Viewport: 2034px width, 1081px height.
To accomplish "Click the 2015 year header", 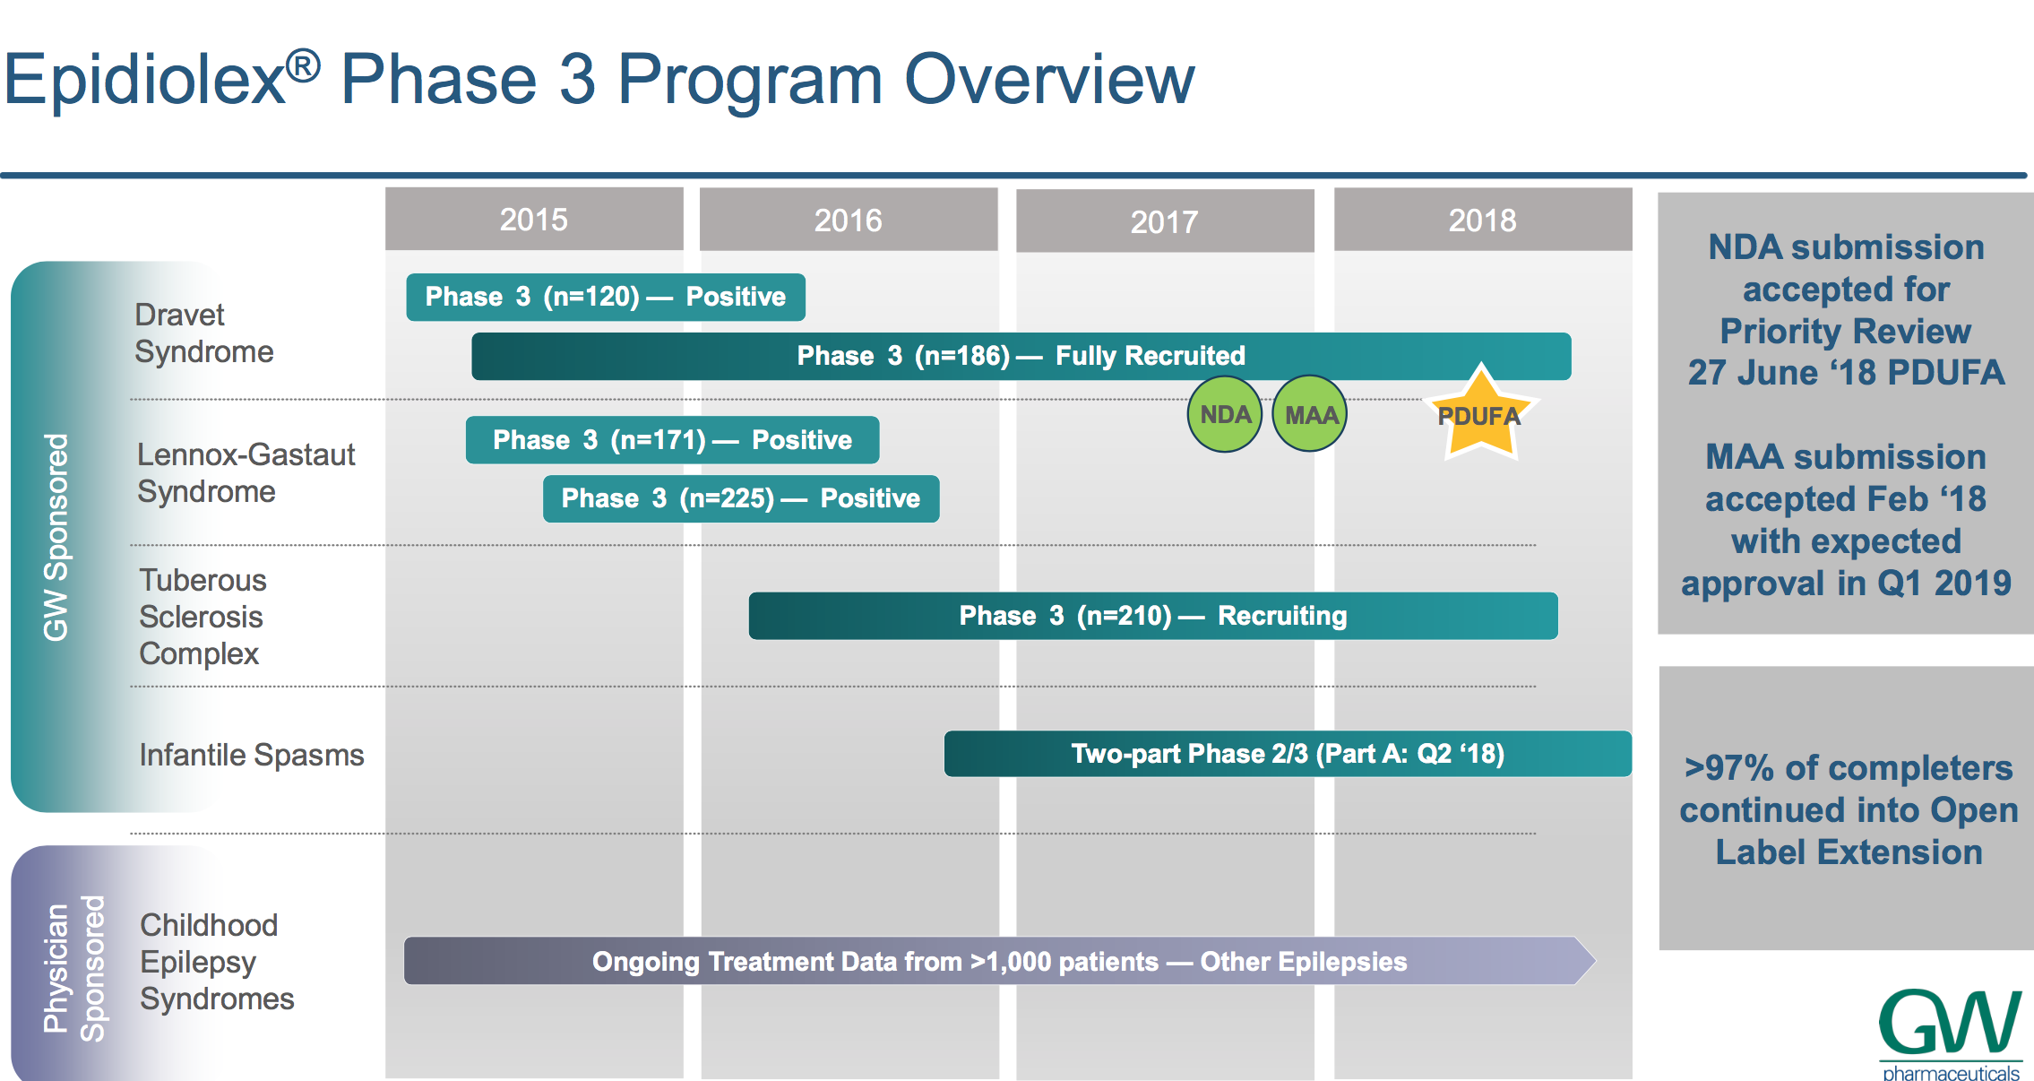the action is coord(534,219).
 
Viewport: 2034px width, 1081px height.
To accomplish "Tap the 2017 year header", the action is coord(1165,221).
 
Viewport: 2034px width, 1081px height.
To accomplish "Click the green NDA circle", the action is coord(1225,414).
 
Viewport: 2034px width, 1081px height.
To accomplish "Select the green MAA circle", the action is coord(1310,414).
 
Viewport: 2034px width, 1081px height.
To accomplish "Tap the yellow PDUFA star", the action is coord(1480,414).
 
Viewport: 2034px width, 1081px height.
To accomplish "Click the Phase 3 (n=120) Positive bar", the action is coord(606,297).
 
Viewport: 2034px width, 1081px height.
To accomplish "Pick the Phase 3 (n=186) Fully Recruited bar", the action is coord(1021,356).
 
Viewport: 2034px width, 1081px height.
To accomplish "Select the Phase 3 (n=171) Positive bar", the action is coord(672,440).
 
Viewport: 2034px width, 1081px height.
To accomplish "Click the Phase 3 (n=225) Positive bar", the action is coord(741,498).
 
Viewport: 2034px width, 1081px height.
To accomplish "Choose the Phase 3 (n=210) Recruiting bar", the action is coord(1153,616).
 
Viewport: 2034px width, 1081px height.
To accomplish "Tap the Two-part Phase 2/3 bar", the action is coord(1288,754).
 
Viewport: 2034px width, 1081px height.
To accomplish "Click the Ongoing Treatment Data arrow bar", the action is coord(999,961).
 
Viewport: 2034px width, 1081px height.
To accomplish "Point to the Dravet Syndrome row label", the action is coord(204,333).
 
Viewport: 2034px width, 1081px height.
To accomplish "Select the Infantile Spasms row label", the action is coord(252,755).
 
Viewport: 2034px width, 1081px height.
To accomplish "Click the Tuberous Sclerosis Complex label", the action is coord(203,617).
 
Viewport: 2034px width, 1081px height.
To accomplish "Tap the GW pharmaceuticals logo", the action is coord(1951,1033).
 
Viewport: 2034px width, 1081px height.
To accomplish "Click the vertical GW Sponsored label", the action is coord(56,537).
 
